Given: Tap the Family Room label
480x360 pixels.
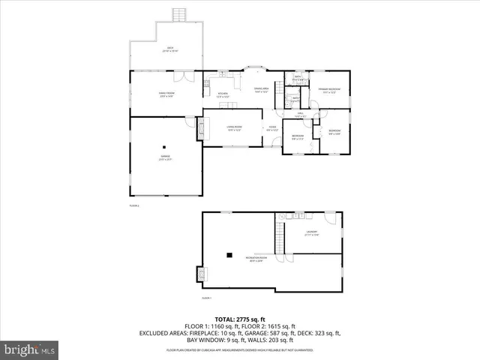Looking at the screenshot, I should click(x=166, y=94).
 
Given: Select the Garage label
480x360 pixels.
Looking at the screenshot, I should click(x=164, y=157).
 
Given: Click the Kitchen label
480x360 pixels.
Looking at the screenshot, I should click(x=222, y=94).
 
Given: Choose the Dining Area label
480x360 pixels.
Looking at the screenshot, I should click(x=262, y=90).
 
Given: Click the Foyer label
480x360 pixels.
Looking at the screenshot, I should click(x=272, y=128).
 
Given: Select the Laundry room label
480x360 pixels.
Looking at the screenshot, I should click(x=311, y=233).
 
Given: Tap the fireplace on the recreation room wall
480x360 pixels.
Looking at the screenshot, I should click(x=200, y=274).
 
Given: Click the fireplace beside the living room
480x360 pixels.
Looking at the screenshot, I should click(x=205, y=127).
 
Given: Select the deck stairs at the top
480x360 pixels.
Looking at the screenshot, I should click(x=178, y=15).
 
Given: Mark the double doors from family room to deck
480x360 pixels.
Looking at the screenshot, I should click(x=180, y=76).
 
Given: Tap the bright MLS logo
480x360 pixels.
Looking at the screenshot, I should click(x=30, y=349).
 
